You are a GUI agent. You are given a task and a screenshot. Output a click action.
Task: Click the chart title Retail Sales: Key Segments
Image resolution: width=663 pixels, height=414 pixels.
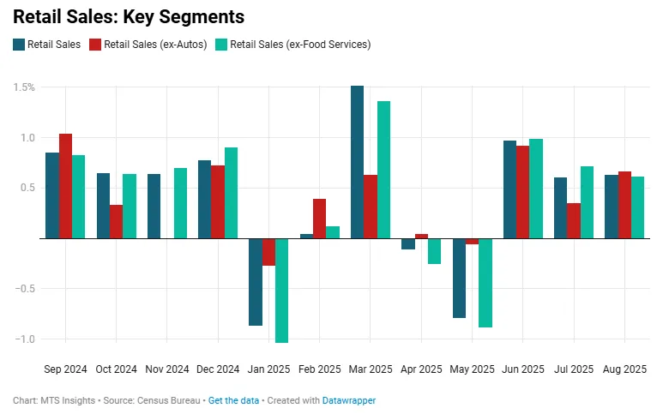(129, 17)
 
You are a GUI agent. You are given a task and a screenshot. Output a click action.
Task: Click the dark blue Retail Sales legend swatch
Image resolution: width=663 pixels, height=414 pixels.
(19, 45)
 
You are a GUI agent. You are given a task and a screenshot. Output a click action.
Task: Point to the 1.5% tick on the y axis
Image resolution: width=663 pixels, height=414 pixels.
(24, 87)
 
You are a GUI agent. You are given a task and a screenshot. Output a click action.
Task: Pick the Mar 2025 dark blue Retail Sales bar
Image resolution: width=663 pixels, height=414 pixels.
(357, 162)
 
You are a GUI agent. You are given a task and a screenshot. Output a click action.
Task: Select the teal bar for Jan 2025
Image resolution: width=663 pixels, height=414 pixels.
(281, 291)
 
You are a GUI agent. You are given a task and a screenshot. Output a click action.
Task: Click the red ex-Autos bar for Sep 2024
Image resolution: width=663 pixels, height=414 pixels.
(65, 186)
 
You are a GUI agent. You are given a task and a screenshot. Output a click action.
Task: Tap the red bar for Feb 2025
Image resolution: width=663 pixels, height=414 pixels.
(319, 219)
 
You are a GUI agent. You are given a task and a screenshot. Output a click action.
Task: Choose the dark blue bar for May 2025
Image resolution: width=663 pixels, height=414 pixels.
(459, 278)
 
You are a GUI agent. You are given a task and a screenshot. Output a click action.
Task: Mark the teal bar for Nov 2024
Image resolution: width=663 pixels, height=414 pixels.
(180, 203)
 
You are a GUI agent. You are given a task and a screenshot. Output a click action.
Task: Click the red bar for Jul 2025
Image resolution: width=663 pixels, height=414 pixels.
(573, 221)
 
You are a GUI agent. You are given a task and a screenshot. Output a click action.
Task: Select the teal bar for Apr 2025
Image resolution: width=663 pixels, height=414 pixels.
(434, 251)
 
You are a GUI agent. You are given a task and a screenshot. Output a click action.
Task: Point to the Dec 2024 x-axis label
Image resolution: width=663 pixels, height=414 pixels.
(218, 369)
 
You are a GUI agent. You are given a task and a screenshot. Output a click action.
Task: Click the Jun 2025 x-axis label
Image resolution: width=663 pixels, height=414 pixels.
(522, 369)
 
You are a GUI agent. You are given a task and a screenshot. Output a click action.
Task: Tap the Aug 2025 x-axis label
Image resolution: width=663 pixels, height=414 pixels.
(624, 369)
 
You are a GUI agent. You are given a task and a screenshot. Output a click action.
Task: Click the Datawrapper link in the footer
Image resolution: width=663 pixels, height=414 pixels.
(349, 400)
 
